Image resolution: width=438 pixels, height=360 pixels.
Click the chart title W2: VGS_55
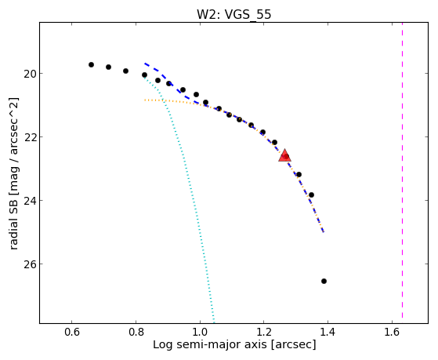(x=233, y=14)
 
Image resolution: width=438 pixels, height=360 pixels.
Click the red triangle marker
(x=284, y=155)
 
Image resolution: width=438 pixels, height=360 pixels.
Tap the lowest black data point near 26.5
(x=324, y=281)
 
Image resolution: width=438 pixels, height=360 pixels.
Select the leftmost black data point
(x=91, y=64)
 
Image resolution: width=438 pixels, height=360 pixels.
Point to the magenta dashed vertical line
(x=402, y=171)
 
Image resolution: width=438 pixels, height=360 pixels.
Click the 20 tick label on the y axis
(x=29, y=74)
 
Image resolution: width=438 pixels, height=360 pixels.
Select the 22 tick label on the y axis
(x=29, y=137)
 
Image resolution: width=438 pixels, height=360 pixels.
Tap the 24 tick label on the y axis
(x=29, y=201)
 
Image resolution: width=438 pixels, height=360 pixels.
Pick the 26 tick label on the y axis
(x=29, y=264)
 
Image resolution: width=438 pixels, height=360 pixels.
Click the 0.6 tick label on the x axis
(x=72, y=333)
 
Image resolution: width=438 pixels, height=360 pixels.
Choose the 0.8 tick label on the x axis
(x=136, y=333)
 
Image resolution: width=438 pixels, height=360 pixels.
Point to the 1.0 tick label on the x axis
(x=200, y=333)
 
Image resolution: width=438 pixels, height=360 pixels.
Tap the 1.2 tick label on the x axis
(x=264, y=333)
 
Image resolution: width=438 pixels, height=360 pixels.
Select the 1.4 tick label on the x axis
(x=328, y=333)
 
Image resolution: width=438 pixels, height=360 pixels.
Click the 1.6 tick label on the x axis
(x=392, y=333)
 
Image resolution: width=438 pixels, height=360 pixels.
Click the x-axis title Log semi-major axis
(x=209, y=345)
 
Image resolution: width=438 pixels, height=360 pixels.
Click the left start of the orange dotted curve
(x=145, y=100)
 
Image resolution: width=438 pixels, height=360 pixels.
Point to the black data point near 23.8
(x=311, y=195)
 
